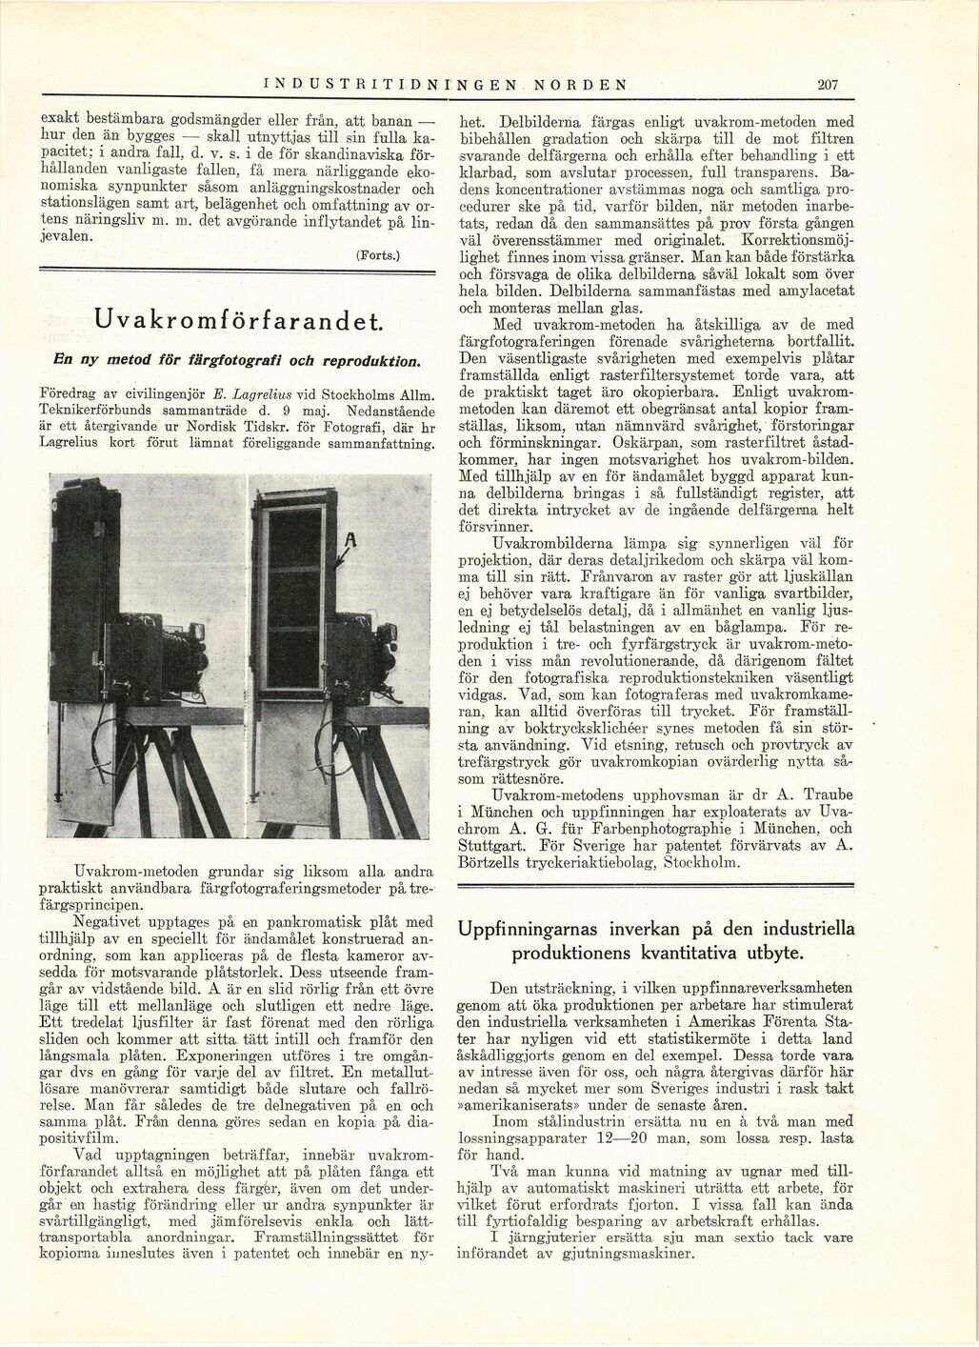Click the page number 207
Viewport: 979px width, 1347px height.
[826, 85]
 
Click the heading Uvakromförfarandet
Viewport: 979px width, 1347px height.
[233, 320]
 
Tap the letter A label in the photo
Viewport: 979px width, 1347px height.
[350, 542]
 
